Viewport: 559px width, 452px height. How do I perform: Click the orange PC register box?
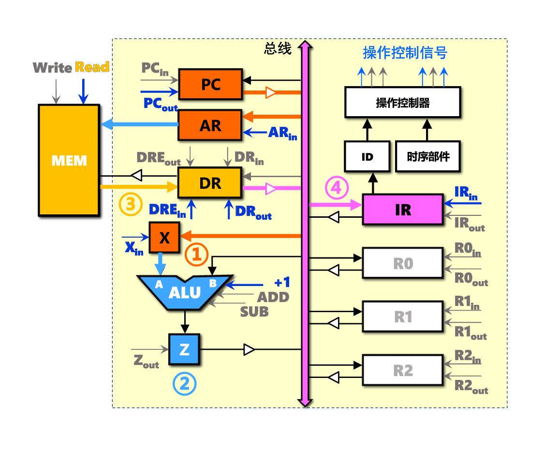click(210, 84)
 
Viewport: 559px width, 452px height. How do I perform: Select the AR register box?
click(210, 125)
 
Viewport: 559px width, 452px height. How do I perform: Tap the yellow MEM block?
click(69, 160)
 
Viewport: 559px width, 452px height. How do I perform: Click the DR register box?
click(210, 183)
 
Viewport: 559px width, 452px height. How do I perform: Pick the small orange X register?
click(164, 238)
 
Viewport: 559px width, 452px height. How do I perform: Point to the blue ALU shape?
click(184, 292)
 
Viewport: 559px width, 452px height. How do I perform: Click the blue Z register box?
click(184, 349)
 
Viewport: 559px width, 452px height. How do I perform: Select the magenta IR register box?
click(403, 210)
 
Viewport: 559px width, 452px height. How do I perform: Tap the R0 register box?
click(403, 263)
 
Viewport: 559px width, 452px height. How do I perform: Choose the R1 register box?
click(403, 316)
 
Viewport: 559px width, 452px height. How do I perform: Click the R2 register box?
click(403, 370)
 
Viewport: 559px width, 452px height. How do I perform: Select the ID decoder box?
click(367, 157)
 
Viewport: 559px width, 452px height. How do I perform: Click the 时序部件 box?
click(428, 157)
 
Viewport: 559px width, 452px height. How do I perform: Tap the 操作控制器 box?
click(403, 103)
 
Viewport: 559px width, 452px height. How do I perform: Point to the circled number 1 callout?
click(197, 254)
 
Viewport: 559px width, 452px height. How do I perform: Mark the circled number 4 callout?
click(336, 188)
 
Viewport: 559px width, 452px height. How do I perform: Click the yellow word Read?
click(92, 67)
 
